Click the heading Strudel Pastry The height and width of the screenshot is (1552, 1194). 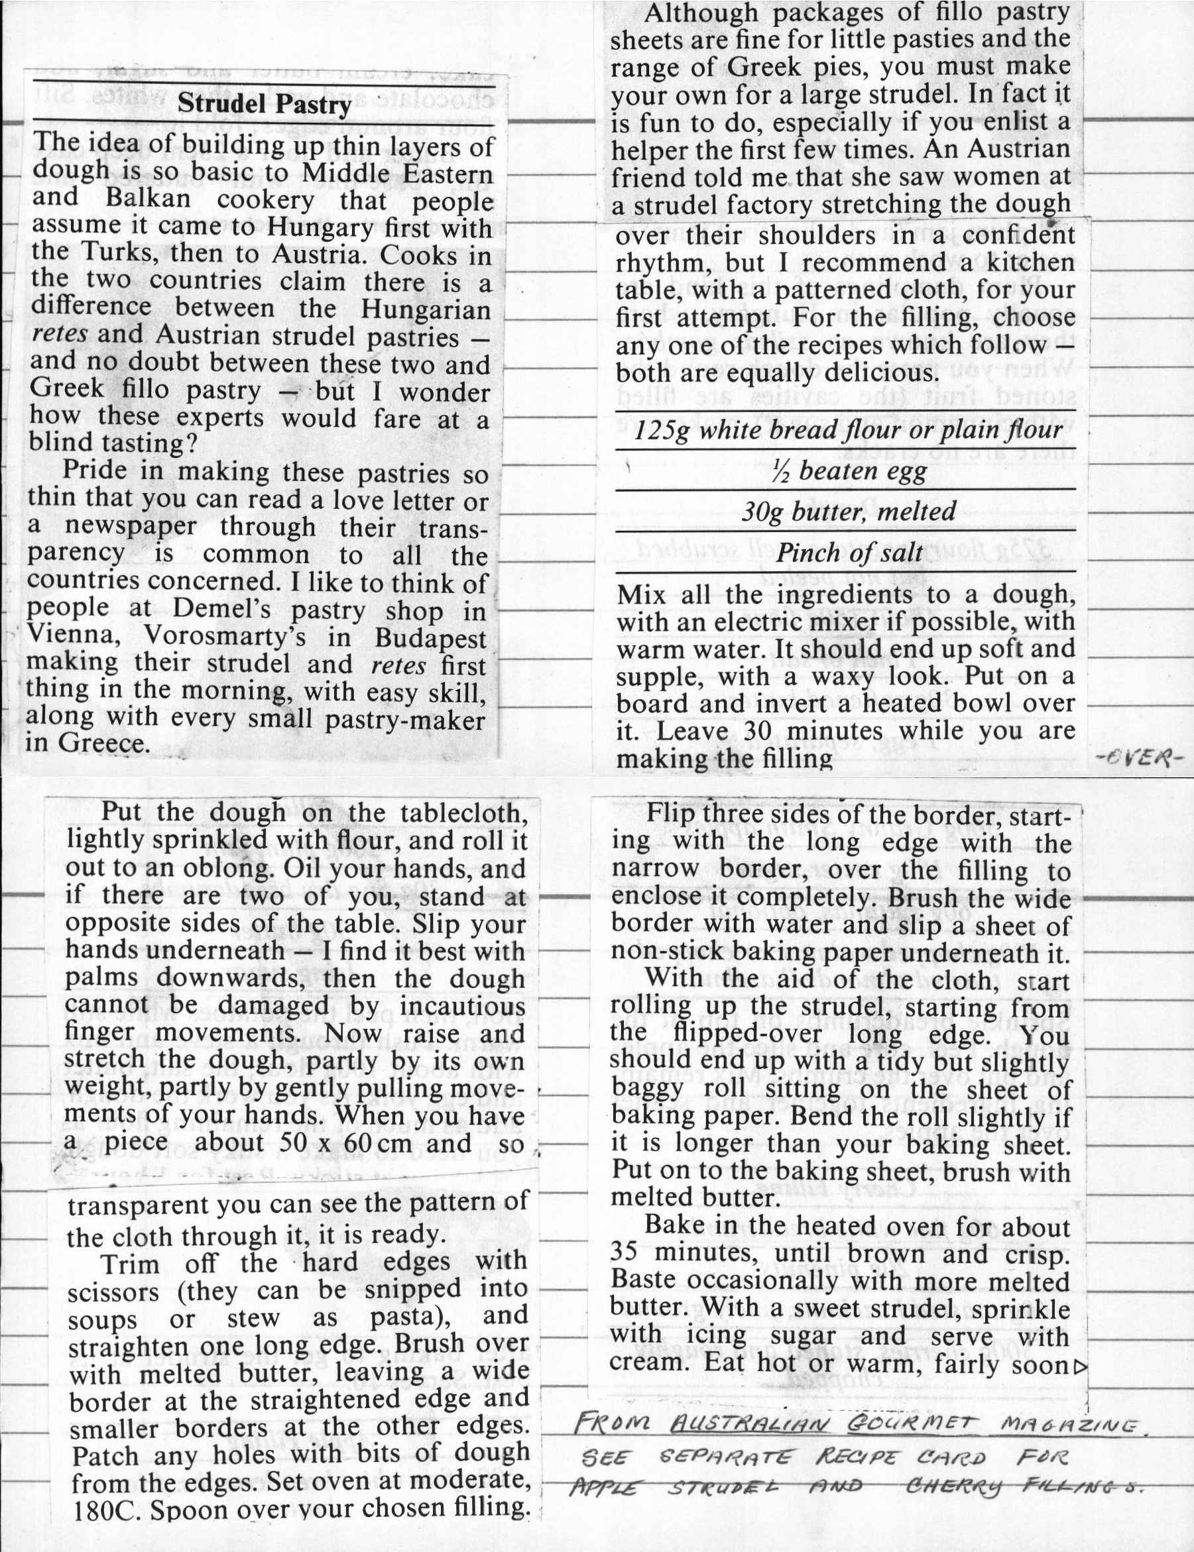[265, 105]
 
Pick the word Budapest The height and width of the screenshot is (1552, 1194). [432, 638]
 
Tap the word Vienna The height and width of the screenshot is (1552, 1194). [73, 634]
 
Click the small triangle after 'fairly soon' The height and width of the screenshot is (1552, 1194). [1082, 1366]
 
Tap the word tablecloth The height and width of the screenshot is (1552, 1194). [464, 812]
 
